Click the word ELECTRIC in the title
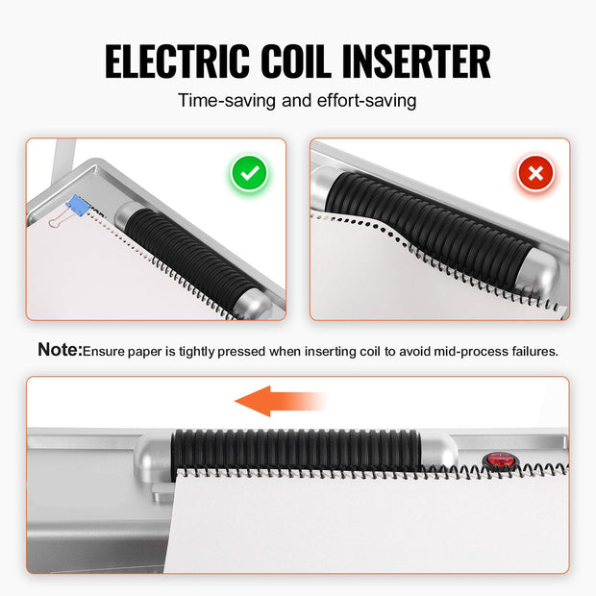(x=177, y=62)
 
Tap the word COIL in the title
(x=296, y=62)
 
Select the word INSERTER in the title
(x=416, y=62)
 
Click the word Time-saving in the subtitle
(x=227, y=101)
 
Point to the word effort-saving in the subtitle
(x=367, y=101)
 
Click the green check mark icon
(x=250, y=173)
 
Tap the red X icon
(x=535, y=173)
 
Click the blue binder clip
(x=78, y=206)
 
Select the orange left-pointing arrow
(x=281, y=401)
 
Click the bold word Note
(x=60, y=349)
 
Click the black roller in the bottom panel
(x=296, y=452)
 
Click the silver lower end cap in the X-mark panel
(x=538, y=273)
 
